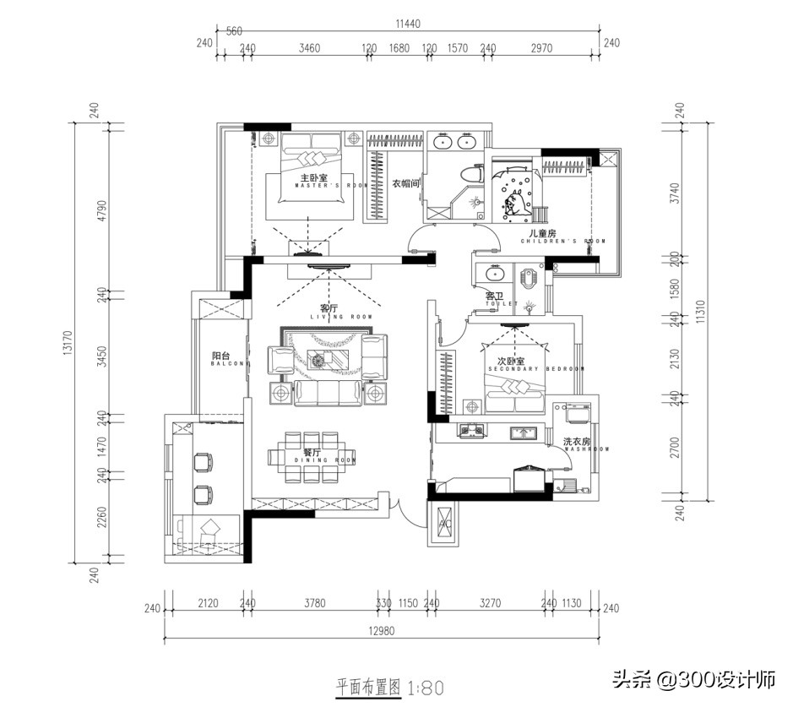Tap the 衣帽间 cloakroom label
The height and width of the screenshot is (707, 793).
coord(405,183)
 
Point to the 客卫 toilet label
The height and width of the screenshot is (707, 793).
coord(494,296)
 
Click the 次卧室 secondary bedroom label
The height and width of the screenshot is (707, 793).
coord(513,362)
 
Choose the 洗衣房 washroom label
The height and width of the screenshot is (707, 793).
coord(579,442)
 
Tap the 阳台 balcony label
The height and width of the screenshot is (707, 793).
coord(220,356)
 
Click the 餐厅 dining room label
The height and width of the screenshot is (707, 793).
coord(311,454)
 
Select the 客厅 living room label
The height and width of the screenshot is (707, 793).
coord(329,309)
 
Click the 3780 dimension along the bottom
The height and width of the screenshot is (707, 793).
coord(313,603)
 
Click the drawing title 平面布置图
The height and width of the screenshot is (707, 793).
coord(368,687)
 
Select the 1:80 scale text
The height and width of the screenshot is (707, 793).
coord(426,688)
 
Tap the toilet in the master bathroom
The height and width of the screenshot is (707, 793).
coord(471,173)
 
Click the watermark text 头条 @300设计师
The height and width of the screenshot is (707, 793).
coord(693,678)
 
